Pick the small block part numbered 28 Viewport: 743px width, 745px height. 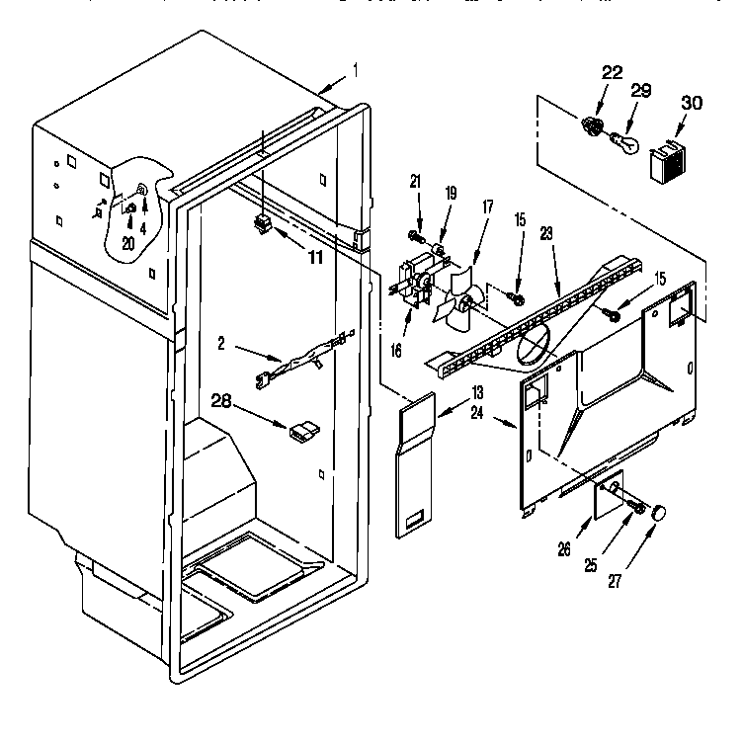(302, 430)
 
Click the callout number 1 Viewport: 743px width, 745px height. (357, 71)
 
